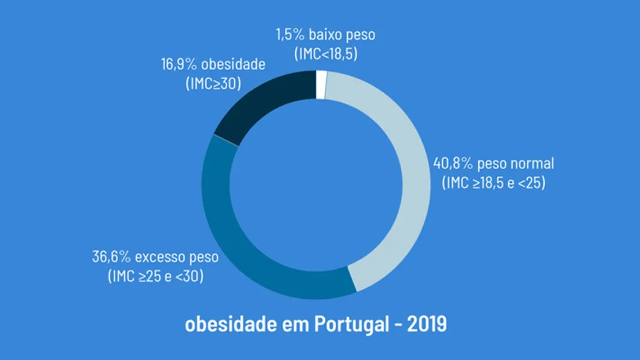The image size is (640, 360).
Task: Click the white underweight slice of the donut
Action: click(x=321, y=85)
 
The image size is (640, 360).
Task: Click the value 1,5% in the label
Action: click(x=290, y=35)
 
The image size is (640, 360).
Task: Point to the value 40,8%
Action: click(x=452, y=164)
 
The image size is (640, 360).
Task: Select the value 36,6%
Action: click(x=111, y=257)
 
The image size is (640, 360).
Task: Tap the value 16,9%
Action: click(x=179, y=64)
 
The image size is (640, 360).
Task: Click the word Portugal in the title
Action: click(x=351, y=325)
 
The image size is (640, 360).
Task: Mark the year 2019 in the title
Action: click(x=427, y=324)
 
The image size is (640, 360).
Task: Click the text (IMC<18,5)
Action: click(x=326, y=54)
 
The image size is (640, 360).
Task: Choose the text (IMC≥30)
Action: click(x=213, y=83)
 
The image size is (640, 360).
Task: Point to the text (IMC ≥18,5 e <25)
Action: click(x=493, y=183)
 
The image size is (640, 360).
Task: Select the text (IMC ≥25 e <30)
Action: click(x=156, y=276)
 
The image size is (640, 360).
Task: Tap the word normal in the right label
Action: click(x=532, y=164)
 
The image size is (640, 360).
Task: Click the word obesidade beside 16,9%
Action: click(x=233, y=64)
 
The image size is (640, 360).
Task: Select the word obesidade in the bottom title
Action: click(x=231, y=324)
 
